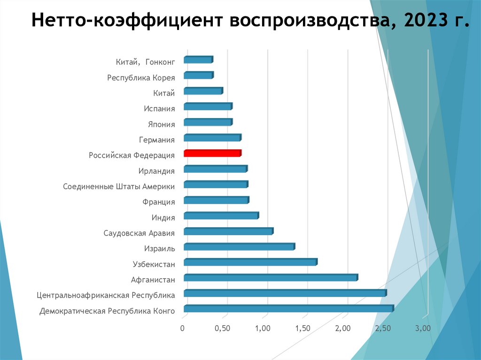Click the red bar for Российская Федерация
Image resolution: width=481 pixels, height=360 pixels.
click(212, 153)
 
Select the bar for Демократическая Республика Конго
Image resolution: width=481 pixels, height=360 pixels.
click(288, 309)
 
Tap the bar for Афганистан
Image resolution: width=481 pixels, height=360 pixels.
click(270, 278)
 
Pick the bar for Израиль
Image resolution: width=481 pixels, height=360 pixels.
click(239, 247)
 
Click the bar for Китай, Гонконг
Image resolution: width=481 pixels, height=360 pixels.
click(198, 60)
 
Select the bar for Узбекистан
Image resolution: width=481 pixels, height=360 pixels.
click(250, 262)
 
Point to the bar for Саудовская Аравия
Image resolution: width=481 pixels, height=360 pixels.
click(228, 231)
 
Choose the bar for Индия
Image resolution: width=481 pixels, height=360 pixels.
click(221, 216)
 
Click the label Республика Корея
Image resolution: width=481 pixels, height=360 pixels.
click(141, 77)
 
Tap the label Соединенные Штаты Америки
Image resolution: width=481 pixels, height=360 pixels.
click(119, 186)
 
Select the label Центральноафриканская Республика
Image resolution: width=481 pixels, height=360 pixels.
click(106, 295)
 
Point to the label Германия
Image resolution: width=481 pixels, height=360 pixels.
click(157, 139)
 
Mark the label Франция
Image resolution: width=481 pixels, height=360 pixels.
click(158, 202)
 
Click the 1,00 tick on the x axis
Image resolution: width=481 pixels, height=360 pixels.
click(263, 328)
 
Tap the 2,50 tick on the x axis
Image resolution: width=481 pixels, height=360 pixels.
click(383, 328)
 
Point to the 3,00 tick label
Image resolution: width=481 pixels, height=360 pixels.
click(423, 328)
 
